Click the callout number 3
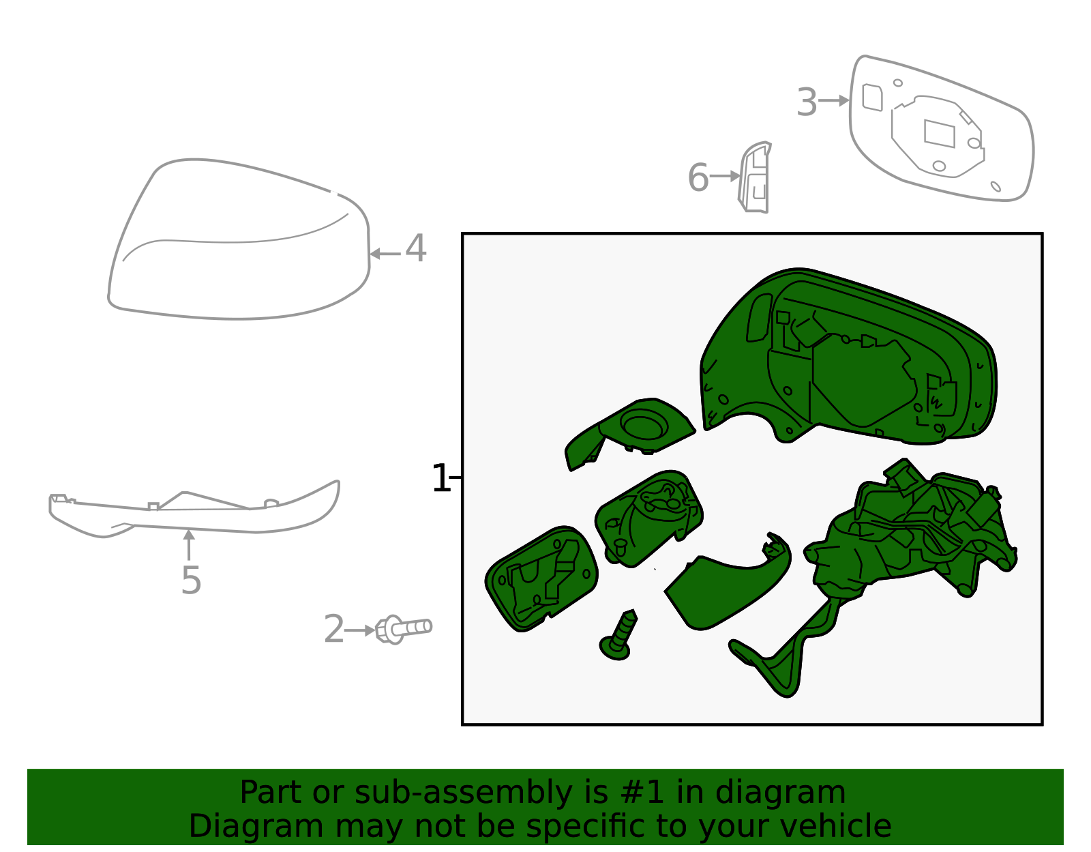807,102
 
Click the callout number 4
416,248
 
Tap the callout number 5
191,581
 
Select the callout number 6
698,177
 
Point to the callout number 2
333,629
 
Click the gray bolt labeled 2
404,628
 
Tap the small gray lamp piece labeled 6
756,179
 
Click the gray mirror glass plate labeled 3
941,130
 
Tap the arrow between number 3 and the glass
833,101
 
